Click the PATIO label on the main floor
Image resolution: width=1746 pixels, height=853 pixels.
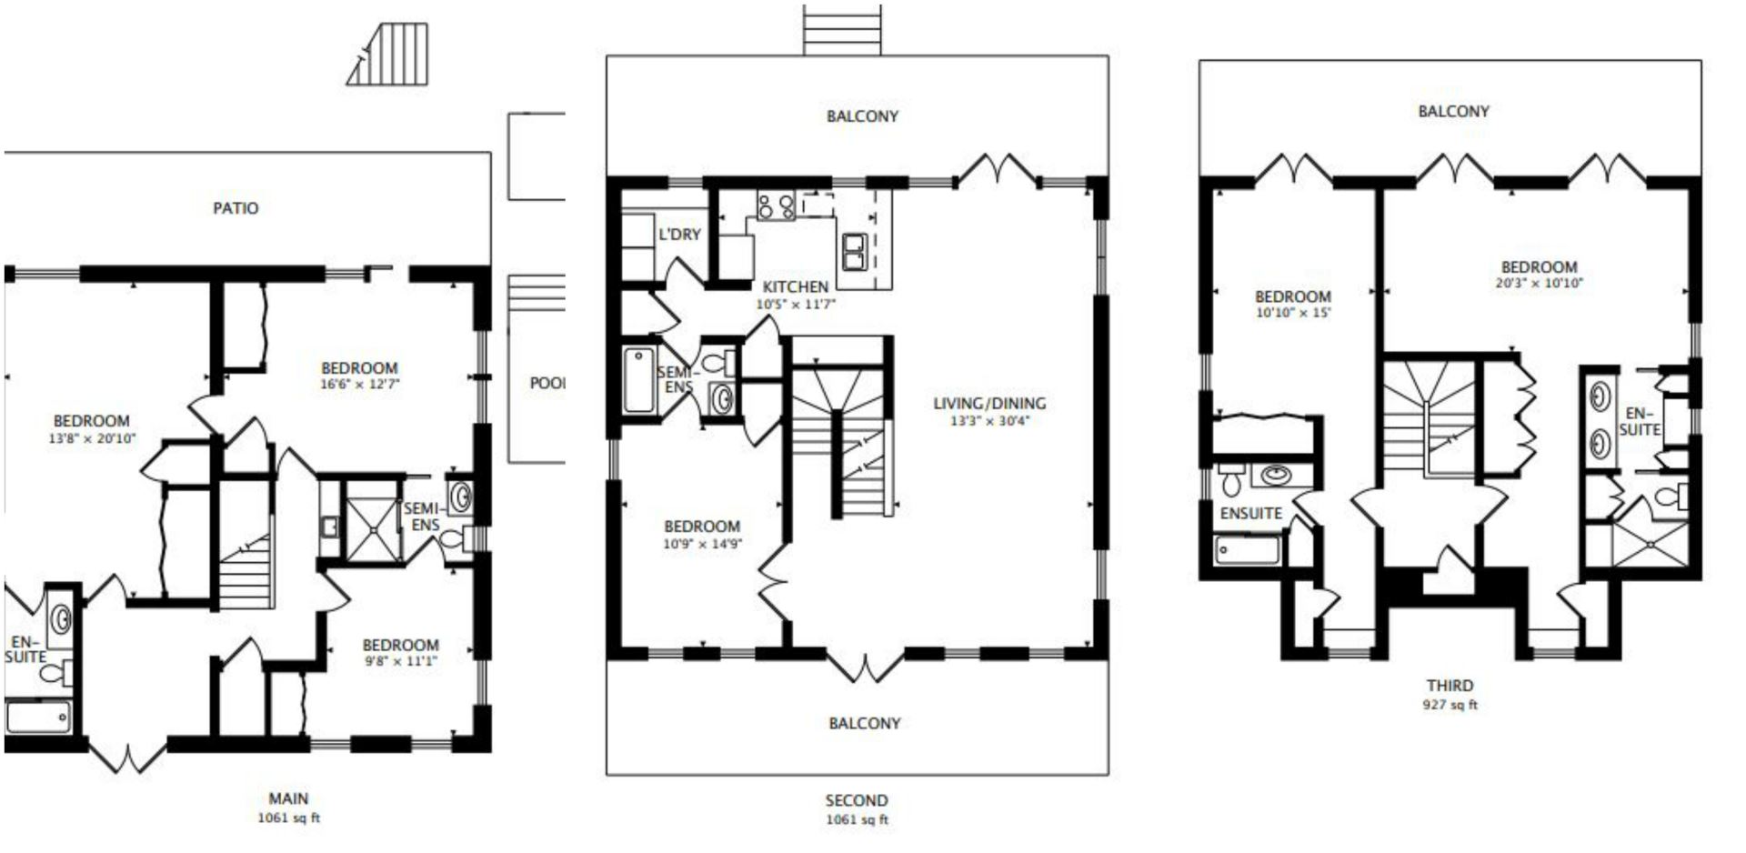236,208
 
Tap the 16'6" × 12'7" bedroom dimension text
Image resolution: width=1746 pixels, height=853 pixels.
360,384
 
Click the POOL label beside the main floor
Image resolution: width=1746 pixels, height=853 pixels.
547,383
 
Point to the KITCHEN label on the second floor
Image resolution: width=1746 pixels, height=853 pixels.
795,286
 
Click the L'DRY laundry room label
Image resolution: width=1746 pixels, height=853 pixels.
679,235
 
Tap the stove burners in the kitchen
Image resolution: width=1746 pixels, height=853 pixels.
776,206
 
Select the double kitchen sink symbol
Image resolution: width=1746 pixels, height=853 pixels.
855,252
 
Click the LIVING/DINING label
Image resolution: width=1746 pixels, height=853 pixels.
989,403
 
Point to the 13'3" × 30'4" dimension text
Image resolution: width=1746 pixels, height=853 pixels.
989,421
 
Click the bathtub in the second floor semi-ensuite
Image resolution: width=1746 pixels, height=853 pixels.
639,380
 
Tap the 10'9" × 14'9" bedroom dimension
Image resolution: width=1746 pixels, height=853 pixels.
702,544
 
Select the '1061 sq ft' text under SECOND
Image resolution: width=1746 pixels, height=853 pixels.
857,819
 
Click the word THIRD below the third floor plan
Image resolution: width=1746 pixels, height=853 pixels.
1450,686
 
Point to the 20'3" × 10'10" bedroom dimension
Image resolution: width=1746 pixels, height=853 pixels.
1539,283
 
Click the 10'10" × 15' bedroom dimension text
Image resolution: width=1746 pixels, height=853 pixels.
1292,312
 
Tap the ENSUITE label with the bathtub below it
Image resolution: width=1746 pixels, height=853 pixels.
1250,513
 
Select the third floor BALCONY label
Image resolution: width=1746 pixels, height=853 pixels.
1453,111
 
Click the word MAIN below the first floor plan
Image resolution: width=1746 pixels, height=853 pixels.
288,798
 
